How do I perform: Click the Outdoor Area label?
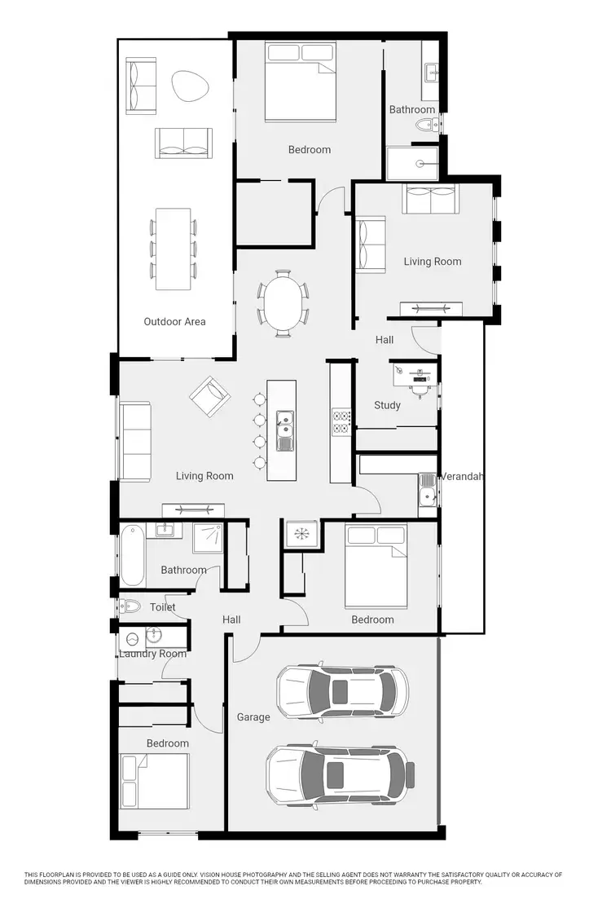coord(174,321)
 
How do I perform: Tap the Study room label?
coord(387,405)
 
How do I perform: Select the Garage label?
coord(253,717)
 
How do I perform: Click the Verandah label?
coord(462,476)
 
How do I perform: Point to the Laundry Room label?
coord(152,654)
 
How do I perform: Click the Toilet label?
coord(163,607)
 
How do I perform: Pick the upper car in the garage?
coord(342,692)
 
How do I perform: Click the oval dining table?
coord(284,302)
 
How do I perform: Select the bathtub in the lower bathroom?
coord(131,555)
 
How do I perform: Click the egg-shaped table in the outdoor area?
coord(189,85)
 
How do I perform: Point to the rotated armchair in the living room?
coord(210,396)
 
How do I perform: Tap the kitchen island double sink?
coord(285,430)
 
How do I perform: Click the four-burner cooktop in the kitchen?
coord(341,421)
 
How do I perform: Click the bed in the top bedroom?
coord(301,82)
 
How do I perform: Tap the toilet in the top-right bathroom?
coord(425,126)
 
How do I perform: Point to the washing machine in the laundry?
coord(132,640)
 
